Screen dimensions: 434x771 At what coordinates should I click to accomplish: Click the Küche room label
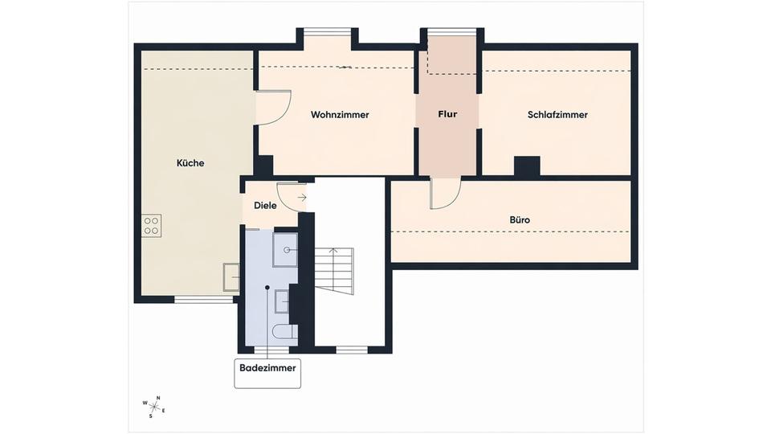190,163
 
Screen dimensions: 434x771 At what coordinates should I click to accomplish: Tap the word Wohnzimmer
340,115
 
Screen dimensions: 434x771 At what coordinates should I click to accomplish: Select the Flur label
447,114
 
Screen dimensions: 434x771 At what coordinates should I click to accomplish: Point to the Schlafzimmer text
557,115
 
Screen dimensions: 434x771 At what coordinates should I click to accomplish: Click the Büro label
520,219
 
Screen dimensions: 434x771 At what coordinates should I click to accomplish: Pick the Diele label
265,205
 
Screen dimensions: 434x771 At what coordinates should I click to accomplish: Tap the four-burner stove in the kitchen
152,226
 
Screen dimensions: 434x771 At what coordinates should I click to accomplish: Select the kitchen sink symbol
231,277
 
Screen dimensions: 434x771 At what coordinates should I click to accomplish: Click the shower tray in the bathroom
285,249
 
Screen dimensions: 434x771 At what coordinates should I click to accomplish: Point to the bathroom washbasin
282,301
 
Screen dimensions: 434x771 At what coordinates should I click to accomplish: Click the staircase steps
334,270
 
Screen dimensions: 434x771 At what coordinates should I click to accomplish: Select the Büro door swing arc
446,194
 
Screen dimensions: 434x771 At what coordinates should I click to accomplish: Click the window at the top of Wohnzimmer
328,33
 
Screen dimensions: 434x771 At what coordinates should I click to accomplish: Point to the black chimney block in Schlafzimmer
527,166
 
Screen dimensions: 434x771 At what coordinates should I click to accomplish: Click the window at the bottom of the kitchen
203,300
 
